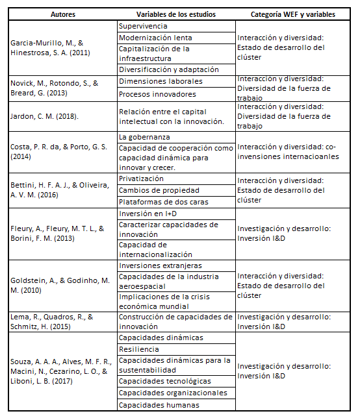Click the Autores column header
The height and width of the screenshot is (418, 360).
click(x=62, y=14)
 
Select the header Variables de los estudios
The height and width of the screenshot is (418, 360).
click(x=175, y=14)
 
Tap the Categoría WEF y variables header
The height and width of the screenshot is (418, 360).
click(x=294, y=14)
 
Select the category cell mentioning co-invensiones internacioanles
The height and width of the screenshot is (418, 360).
click(x=294, y=152)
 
